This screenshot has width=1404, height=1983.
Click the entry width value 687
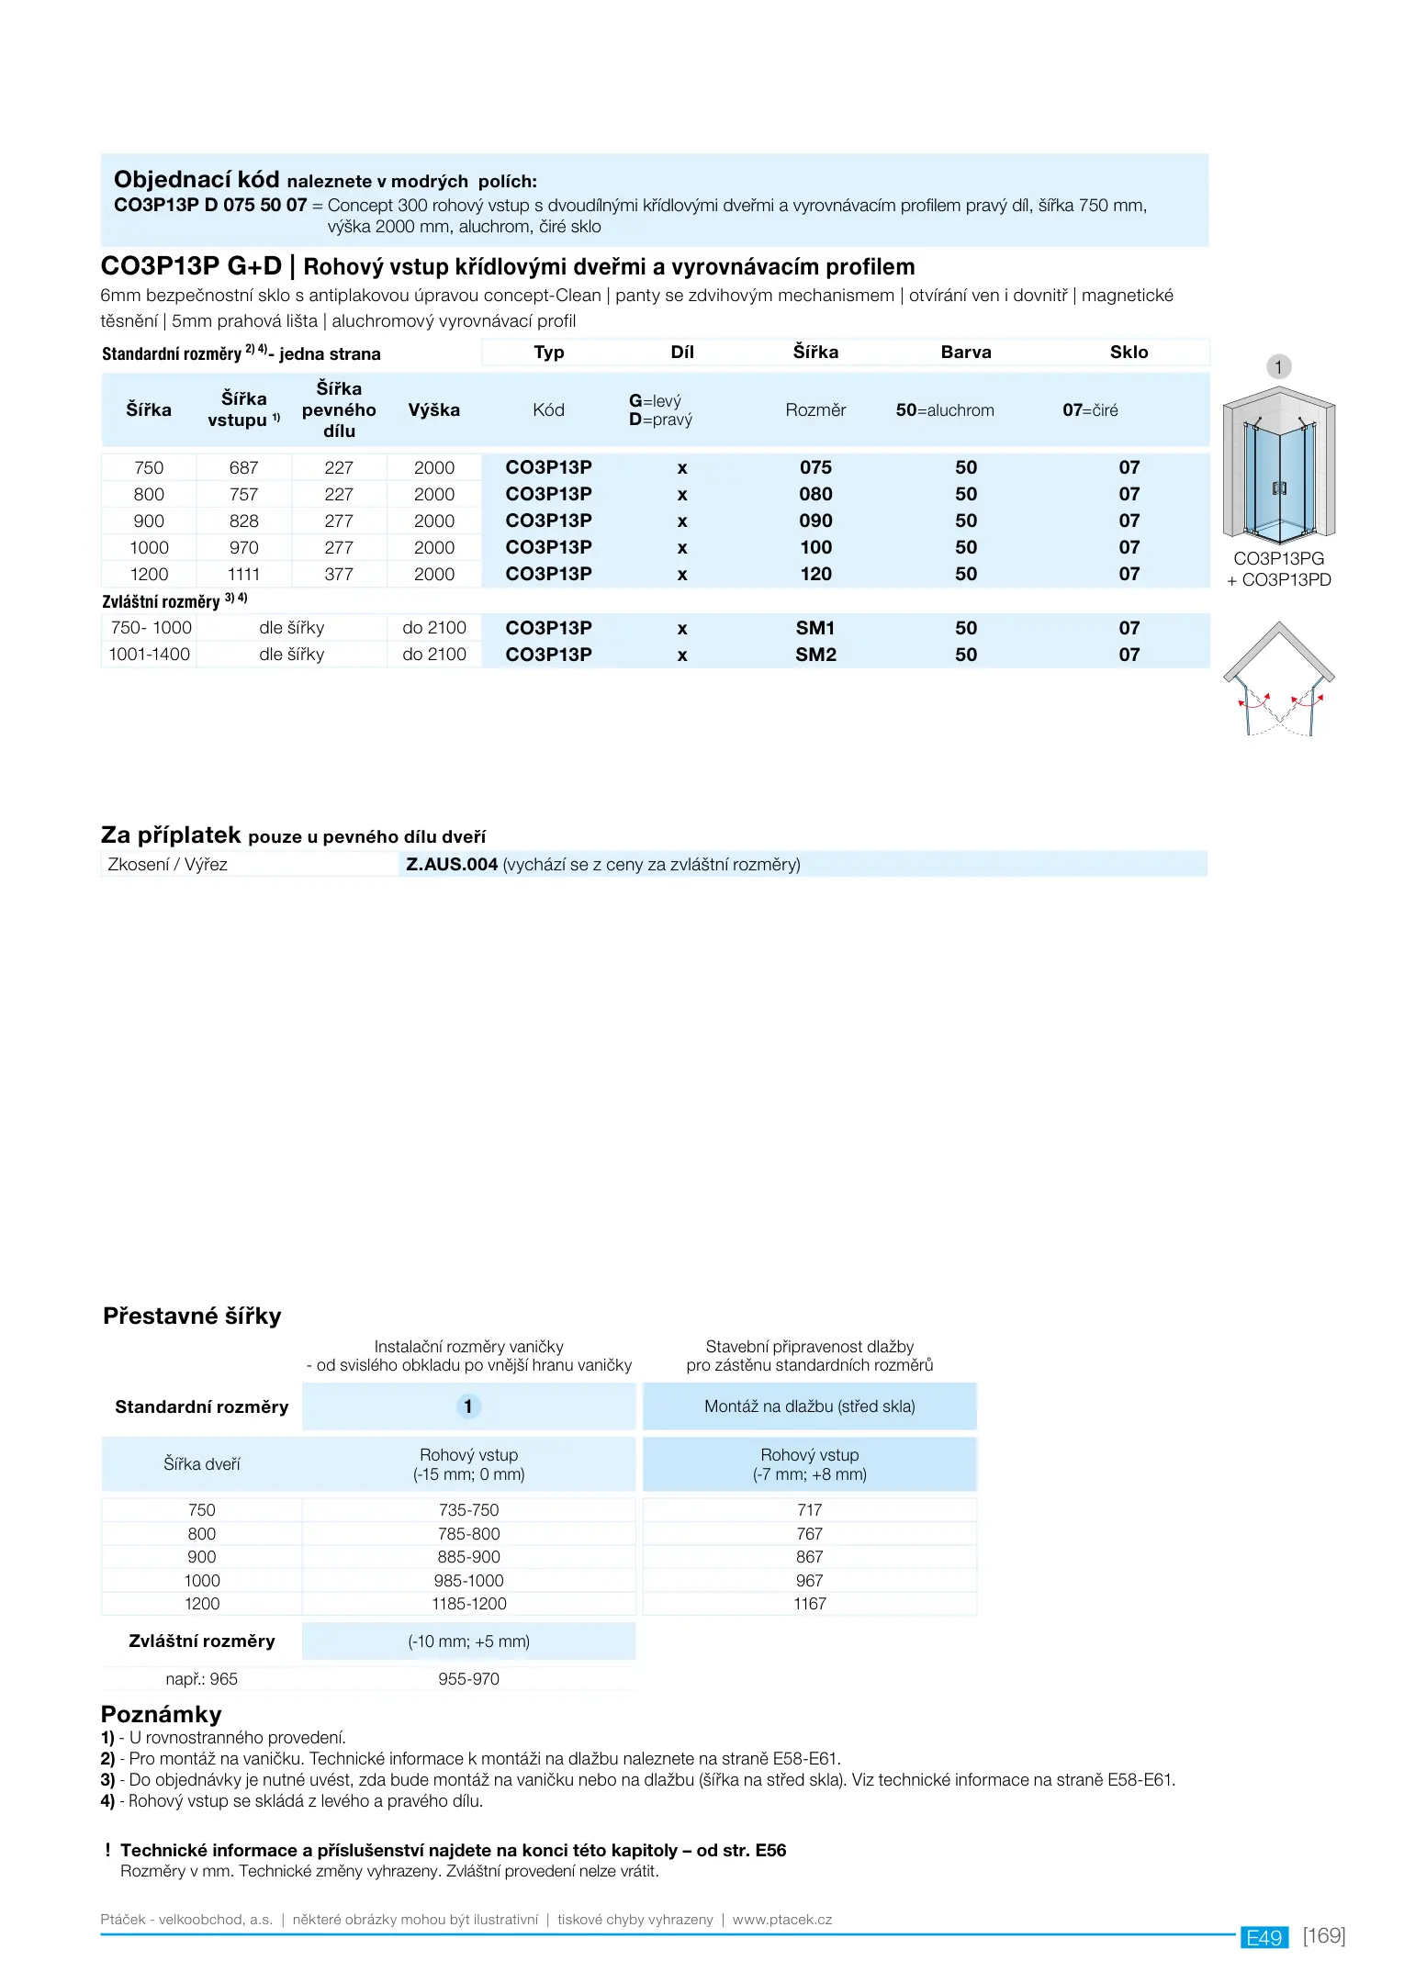tap(243, 468)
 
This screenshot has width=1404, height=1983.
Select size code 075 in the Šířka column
tap(815, 468)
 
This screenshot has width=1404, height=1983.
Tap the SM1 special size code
tap(815, 629)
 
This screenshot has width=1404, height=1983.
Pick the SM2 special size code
tap(815, 655)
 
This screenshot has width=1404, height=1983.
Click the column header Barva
tap(966, 353)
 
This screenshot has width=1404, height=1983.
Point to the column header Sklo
tap(1129, 353)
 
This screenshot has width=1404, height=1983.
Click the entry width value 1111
tap(243, 575)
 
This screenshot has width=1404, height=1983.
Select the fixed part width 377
tap(339, 575)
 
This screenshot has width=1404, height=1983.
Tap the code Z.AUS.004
tap(452, 865)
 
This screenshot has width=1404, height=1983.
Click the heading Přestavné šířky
tap(192, 1316)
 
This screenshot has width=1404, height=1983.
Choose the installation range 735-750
tap(468, 1510)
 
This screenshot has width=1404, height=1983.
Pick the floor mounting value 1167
tap(810, 1604)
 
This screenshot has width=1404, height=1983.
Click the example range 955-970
tap(468, 1679)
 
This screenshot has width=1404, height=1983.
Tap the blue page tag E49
tap(1264, 1937)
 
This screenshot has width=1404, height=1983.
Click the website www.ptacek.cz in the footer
tap(782, 1920)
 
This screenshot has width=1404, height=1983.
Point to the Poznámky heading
tap(162, 1715)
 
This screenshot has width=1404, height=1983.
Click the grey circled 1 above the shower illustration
tap(1278, 367)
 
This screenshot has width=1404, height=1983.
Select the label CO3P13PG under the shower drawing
tap(1278, 559)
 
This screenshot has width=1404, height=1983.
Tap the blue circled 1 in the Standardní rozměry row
tap(468, 1406)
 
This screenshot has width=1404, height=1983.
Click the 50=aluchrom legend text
tap(945, 410)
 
